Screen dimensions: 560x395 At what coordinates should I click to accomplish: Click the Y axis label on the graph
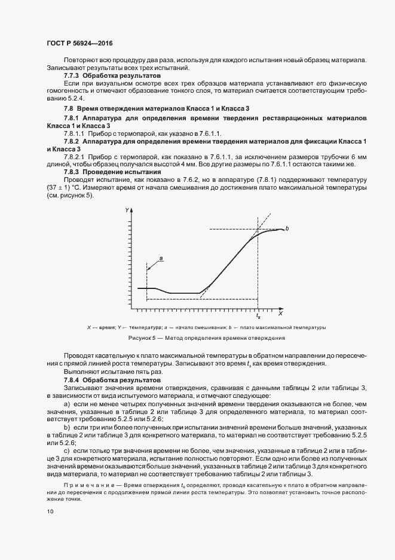point(127,210)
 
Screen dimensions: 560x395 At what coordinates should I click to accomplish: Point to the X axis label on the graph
point(279,314)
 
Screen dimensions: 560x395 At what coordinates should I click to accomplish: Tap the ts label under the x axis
point(258,315)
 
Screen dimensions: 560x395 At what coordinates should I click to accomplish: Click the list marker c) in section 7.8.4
point(66,450)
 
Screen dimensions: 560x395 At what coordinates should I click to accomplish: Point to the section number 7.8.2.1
point(76,157)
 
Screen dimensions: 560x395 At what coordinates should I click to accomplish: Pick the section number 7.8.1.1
point(76,133)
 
